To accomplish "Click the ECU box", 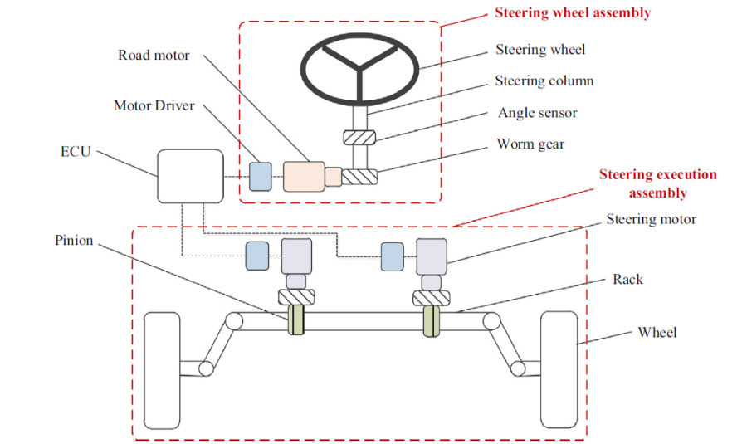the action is (190, 176).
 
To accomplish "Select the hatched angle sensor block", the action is (359, 137).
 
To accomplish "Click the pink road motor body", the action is (304, 176).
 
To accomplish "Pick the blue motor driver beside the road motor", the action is (261, 177).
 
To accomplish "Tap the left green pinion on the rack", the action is (296, 320).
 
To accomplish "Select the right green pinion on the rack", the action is (431, 321).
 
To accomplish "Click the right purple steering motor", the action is (432, 256).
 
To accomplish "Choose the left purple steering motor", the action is (296, 256).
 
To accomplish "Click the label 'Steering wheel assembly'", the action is (573, 12).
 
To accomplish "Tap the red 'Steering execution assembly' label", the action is (658, 183).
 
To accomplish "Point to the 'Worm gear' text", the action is (530, 144).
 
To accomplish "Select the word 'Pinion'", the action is (74, 240).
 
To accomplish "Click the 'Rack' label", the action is (627, 280).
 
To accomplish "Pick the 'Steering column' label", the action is (544, 81).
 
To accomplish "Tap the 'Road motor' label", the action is (154, 55).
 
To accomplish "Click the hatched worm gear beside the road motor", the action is (359, 177).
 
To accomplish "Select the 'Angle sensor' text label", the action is (538, 113).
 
